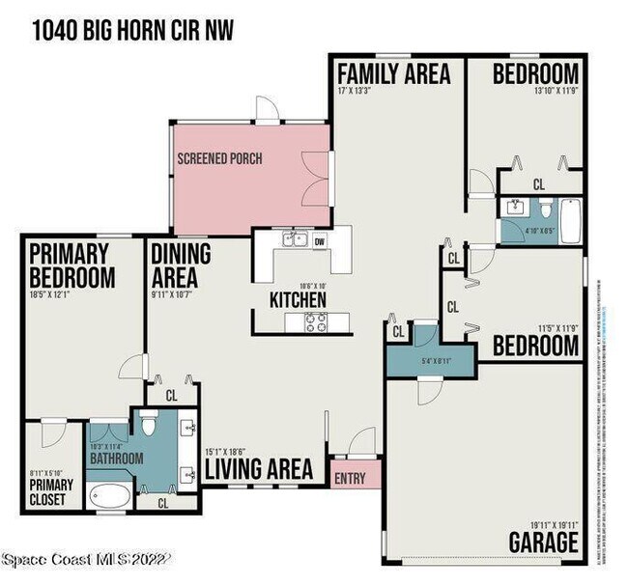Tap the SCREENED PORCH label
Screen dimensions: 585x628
pos(219,158)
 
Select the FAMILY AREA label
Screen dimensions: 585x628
pos(392,73)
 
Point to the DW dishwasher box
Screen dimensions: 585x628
pos(319,241)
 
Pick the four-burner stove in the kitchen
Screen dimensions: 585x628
pos(316,323)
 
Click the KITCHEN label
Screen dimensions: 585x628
pos(298,300)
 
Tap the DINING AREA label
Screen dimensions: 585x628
pos(181,266)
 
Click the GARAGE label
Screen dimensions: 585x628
pos(544,542)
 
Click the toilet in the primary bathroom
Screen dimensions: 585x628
pos(148,422)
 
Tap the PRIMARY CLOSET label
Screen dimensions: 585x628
pos(47,491)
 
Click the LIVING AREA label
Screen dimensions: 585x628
pos(258,469)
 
